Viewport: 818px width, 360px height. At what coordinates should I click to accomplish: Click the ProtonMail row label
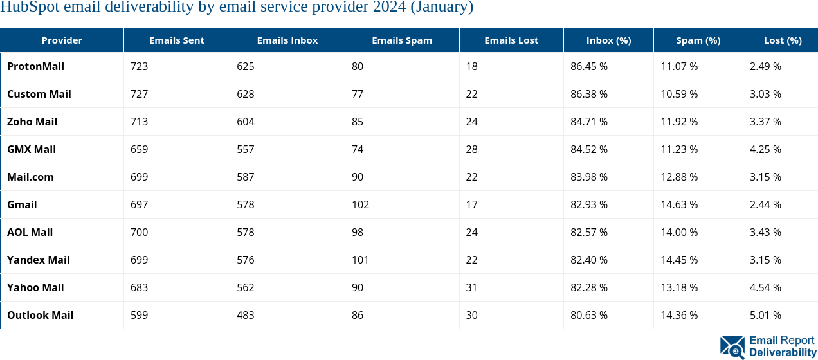point(35,66)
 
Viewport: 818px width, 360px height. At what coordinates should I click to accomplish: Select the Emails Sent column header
point(176,40)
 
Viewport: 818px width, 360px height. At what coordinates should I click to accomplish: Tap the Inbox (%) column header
point(608,40)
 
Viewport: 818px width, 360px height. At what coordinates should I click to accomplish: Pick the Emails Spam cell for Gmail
point(360,204)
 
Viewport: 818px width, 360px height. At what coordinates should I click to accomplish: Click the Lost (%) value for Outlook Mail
point(765,315)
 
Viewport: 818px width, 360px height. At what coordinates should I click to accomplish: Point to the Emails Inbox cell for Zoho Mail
point(246,122)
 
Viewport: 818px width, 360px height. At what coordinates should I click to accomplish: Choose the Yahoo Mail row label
point(35,287)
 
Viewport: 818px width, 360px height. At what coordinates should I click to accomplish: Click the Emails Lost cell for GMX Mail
point(471,149)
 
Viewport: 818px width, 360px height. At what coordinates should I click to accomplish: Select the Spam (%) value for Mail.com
point(679,177)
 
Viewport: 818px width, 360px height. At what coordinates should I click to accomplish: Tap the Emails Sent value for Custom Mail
point(139,94)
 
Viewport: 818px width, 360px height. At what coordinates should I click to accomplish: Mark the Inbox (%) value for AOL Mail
point(589,232)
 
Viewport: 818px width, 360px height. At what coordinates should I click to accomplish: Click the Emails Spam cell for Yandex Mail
point(360,260)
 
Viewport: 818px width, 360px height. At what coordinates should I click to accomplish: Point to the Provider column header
point(62,40)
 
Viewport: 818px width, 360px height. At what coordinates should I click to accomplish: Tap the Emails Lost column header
point(511,40)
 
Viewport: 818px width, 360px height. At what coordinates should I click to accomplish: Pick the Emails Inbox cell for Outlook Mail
point(246,315)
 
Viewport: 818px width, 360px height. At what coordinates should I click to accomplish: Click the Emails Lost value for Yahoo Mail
point(471,287)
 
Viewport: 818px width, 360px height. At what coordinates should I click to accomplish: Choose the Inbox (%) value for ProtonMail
point(589,66)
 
